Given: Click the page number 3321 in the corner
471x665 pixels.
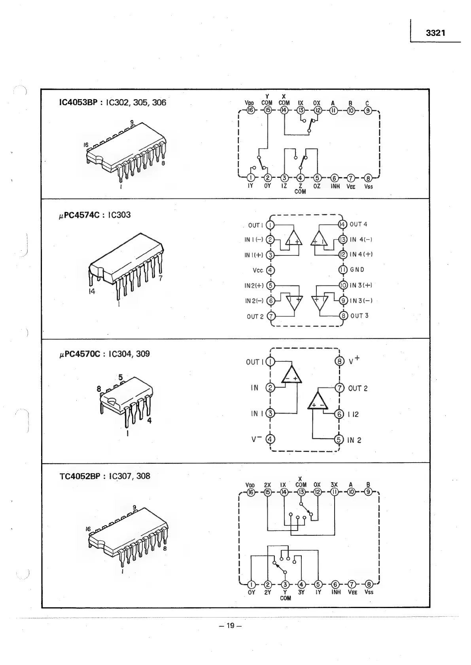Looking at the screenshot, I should (435, 33).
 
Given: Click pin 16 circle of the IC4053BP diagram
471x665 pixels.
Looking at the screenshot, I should (250, 110).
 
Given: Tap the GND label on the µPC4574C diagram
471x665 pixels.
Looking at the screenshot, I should (357, 270).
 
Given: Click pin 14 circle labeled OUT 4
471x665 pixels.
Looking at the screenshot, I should (342, 225).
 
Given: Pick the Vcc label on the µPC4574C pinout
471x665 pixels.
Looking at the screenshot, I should (258, 270).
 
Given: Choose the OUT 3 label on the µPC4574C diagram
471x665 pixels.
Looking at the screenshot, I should (359, 315).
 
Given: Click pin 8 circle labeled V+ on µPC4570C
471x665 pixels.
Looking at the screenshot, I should (339, 361).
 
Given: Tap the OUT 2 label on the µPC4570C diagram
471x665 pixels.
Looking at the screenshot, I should (358, 388).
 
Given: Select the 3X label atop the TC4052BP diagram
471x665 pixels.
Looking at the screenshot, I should (334, 485).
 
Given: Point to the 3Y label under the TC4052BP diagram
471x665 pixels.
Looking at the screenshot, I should (301, 592).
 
